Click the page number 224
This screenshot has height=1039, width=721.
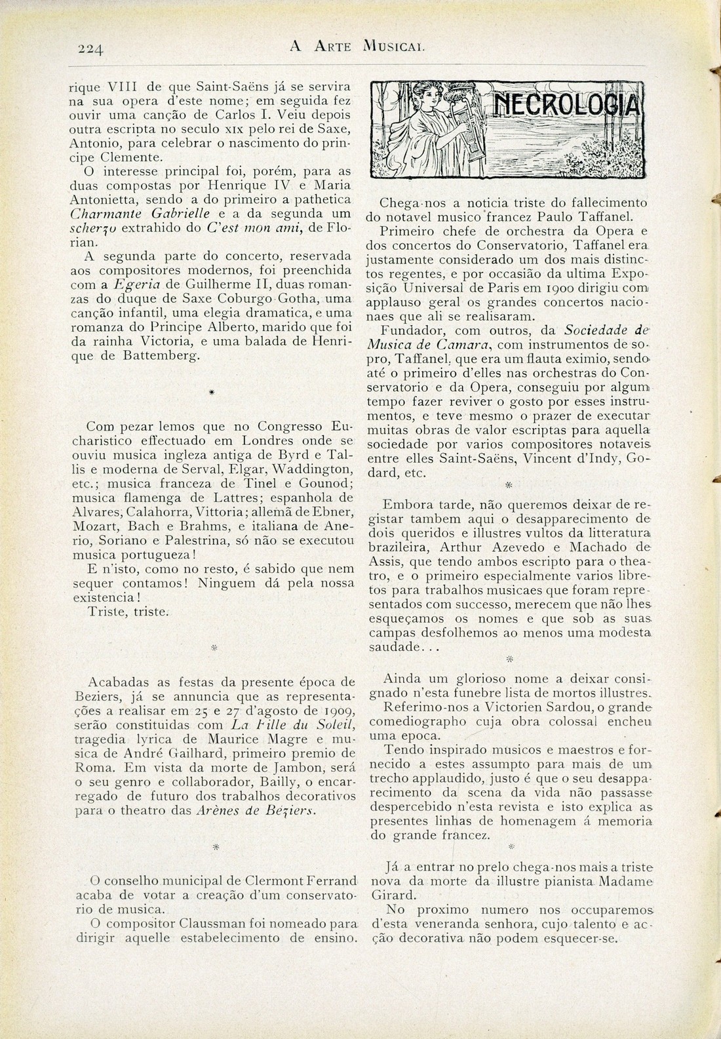(x=91, y=48)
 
